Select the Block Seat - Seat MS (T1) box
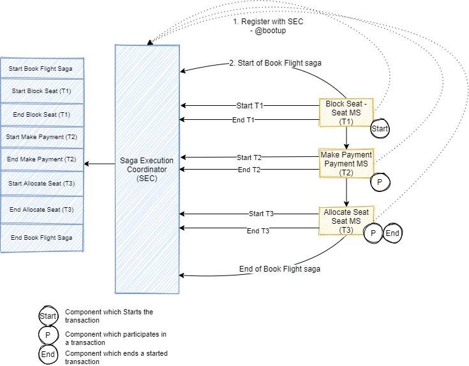(x=345, y=112)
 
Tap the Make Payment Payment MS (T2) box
(x=345, y=163)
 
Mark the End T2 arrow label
(x=249, y=170)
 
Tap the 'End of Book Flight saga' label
(x=279, y=269)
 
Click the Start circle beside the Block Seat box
(x=380, y=129)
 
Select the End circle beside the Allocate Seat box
(x=392, y=234)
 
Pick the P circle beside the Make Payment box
(x=380, y=182)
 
